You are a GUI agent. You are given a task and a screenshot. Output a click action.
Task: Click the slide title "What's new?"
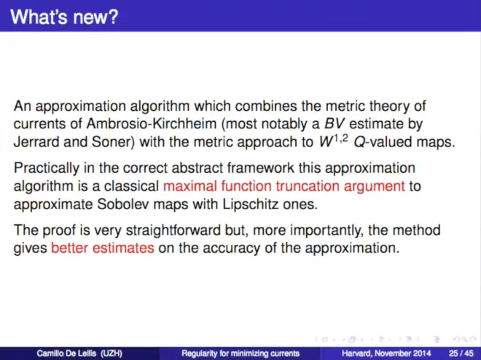click(x=64, y=17)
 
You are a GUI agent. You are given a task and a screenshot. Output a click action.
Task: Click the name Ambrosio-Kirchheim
click(x=152, y=124)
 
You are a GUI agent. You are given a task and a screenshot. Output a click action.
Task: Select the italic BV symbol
click(x=335, y=124)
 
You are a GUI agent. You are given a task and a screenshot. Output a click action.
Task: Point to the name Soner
click(x=113, y=142)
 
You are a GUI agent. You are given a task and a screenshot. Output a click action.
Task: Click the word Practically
click(x=47, y=168)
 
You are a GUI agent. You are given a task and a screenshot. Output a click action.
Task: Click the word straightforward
click(x=173, y=230)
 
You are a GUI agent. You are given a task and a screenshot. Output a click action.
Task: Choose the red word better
click(x=70, y=248)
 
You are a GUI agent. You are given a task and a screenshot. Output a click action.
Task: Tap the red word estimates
click(x=123, y=248)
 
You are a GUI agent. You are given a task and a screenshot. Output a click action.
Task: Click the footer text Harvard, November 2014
click(x=386, y=353)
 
